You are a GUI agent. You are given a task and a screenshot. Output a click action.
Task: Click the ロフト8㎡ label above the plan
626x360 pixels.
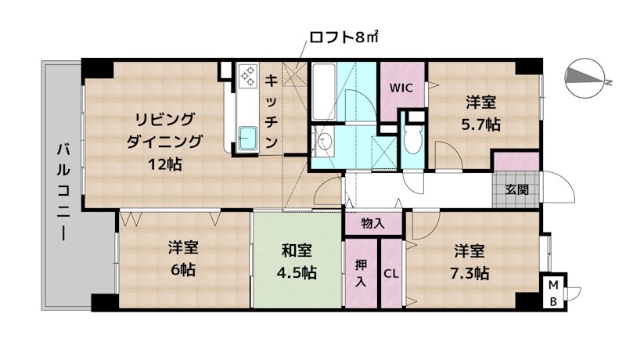(x=344, y=37)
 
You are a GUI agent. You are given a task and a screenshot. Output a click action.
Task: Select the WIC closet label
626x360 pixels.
(x=401, y=88)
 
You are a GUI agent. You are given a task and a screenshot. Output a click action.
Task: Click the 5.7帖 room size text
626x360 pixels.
(x=481, y=124)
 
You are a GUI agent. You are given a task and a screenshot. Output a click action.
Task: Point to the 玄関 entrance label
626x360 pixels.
(x=516, y=189)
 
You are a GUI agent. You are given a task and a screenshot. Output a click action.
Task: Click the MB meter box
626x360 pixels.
(x=552, y=291)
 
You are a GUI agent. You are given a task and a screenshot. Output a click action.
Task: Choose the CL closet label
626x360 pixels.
(x=391, y=274)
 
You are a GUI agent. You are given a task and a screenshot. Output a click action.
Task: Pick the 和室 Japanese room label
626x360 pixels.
(x=297, y=251)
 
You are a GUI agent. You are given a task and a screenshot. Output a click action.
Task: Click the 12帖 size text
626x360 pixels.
(x=164, y=164)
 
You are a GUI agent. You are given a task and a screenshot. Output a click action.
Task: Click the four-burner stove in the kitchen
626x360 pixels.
(x=248, y=77)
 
